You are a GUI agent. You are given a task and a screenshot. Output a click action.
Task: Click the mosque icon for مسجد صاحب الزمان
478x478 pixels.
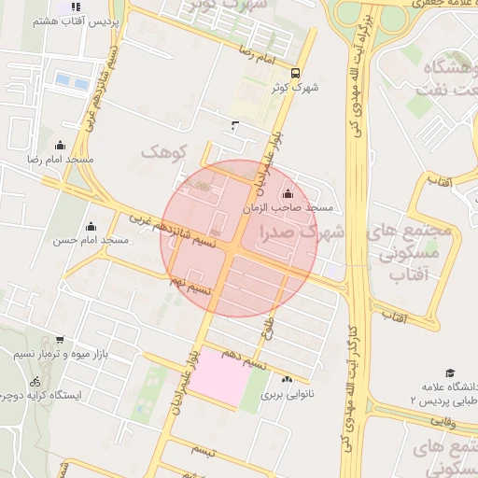286,194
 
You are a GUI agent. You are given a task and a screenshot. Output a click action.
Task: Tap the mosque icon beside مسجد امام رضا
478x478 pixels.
61,145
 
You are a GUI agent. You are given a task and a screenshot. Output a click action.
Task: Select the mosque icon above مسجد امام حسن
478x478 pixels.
91,225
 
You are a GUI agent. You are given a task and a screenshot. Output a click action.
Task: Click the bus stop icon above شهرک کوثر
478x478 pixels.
295,74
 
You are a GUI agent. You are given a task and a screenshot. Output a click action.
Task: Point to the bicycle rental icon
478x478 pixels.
35,381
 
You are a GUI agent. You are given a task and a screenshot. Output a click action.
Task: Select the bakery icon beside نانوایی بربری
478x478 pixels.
287,379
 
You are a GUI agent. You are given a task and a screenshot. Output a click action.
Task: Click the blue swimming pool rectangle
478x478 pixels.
65,80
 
